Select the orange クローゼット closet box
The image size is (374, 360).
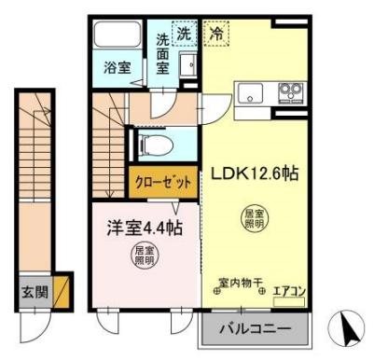[x=162, y=181]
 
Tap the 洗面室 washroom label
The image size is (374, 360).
[x=163, y=53]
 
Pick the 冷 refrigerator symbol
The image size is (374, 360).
[x=215, y=34]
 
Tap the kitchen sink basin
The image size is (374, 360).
[x=252, y=93]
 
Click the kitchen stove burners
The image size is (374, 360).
[x=289, y=92]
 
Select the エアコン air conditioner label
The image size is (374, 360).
[x=288, y=290]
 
